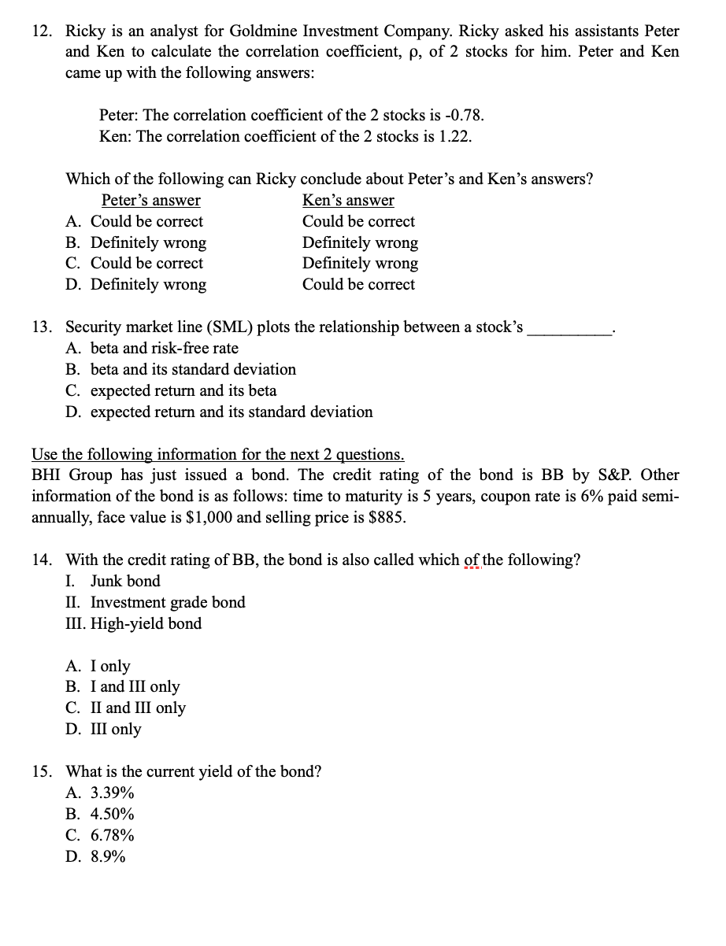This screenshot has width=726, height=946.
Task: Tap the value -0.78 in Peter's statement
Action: tap(465, 115)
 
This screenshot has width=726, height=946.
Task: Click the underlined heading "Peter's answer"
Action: tap(150, 200)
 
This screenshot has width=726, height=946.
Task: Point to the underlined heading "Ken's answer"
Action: tap(348, 200)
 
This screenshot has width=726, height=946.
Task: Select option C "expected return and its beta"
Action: tap(183, 390)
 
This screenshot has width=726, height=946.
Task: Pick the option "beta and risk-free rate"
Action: tap(164, 348)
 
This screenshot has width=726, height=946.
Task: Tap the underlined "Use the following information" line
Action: tap(218, 454)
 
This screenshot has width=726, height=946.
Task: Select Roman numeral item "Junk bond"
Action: tap(125, 581)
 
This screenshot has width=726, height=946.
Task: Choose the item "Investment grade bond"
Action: tap(168, 602)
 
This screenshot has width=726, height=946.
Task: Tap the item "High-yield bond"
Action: tap(146, 623)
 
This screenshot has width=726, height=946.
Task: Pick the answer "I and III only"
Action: tap(135, 686)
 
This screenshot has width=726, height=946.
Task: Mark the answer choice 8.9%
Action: tap(108, 856)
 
